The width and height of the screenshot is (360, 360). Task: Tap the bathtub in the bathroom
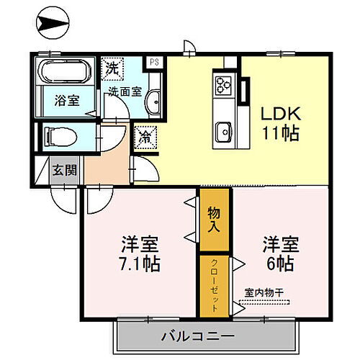pyautogui.click(x=63, y=72)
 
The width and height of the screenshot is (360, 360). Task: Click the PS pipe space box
pyautogui.click(x=153, y=63)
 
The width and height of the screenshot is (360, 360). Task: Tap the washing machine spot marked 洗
pyautogui.click(x=112, y=69)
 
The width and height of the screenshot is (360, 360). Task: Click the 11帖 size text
pyautogui.click(x=279, y=134)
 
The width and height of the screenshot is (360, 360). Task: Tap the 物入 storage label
pyautogui.click(x=215, y=219)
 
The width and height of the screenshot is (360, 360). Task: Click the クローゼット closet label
pyautogui.click(x=215, y=286)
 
